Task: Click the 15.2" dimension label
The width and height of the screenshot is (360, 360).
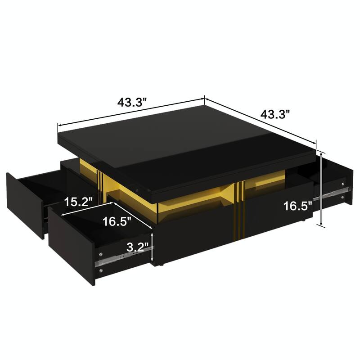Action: [78, 202]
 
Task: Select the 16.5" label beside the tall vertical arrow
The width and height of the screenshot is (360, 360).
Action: [297, 207]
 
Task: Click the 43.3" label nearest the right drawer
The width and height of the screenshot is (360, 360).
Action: [274, 114]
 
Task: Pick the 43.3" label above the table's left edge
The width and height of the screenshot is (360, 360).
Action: [133, 102]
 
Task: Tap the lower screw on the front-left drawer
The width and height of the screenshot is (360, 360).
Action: [101, 271]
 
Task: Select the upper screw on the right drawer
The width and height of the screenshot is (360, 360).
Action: [344, 184]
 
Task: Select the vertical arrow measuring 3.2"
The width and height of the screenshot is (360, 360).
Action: [154, 247]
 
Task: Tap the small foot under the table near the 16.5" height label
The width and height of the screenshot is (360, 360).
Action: [306, 221]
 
